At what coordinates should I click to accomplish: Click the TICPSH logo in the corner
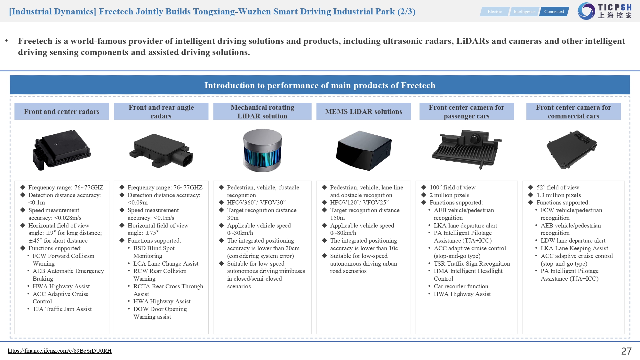tap(605, 11)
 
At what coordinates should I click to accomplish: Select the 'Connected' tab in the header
tap(554, 12)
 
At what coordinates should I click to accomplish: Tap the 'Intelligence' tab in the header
tap(524, 12)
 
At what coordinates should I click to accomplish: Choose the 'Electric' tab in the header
tap(494, 12)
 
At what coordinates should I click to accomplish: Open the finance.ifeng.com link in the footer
tap(60, 351)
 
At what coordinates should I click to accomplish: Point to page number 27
tap(626, 351)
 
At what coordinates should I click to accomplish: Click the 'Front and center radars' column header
tap(62, 111)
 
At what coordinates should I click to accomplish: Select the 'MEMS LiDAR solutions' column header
tap(364, 111)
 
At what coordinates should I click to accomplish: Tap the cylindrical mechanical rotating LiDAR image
tap(262, 150)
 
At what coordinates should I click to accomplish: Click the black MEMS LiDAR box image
tap(364, 150)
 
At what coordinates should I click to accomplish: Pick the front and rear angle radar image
tap(161, 150)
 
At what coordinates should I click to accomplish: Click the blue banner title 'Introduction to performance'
tap(320, 85)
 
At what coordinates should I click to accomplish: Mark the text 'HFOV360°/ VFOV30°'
tap(256, 203)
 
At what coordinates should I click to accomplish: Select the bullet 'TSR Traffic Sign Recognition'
tap(472, 264)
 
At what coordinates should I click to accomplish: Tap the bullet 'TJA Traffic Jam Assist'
tap(62, 309)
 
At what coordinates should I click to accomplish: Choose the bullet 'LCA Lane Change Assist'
tap(166, 264)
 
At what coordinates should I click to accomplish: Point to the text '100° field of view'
tap(452, 188)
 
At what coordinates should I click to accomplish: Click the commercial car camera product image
tap(572, 149)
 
